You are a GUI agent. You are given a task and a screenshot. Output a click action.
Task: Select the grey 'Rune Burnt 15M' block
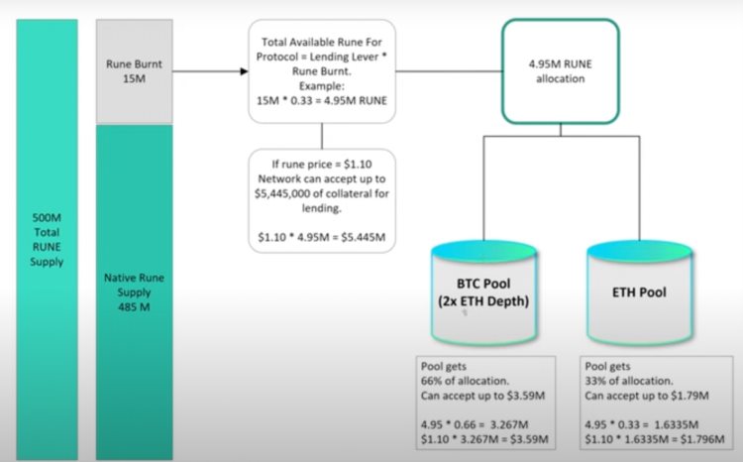click(134, 69)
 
